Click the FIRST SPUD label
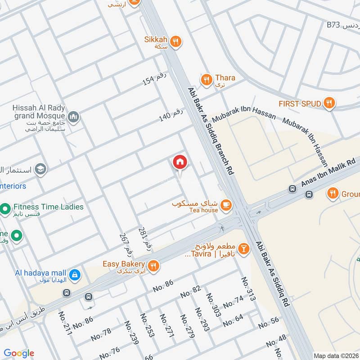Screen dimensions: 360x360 pos(300,104)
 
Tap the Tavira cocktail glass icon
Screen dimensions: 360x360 pos(243,249)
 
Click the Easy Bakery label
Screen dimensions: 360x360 pos(123,264)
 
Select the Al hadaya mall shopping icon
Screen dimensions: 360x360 pos(75,273)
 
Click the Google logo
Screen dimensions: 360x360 pos(19,353)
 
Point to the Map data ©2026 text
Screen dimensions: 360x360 pos(336,355)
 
